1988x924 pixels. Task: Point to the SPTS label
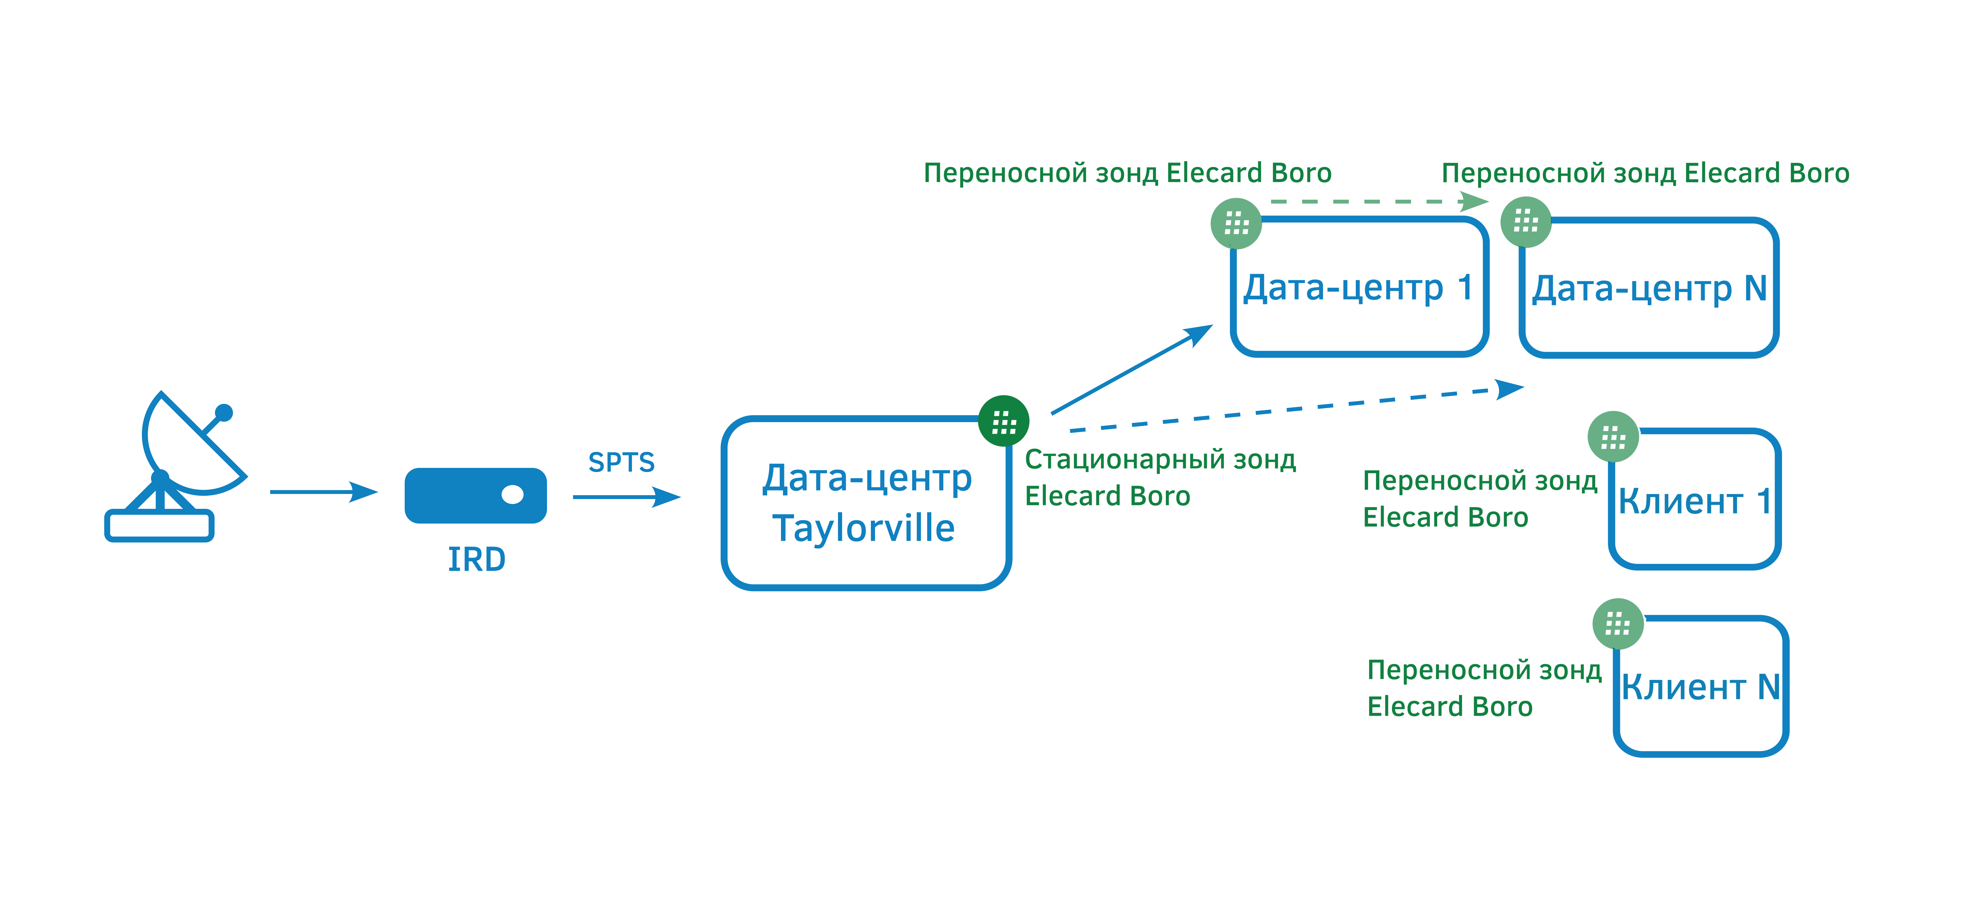(621, 462)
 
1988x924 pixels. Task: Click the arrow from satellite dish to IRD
(323, 492)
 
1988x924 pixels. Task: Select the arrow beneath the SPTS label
(627, 497)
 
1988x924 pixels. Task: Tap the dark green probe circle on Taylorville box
(1003, 421)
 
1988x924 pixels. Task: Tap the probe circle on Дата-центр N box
(1526, 222)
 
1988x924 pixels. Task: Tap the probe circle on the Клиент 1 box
(1613, 437)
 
